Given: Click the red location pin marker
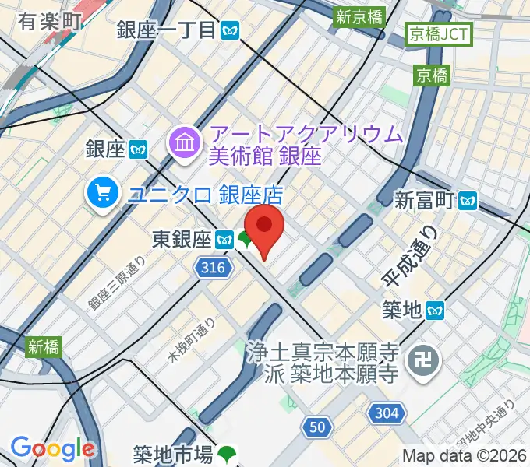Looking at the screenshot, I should (264, 227).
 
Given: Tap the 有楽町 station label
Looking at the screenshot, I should (48, 22).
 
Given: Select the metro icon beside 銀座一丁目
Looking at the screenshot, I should (230, 31).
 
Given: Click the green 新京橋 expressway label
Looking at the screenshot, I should (358, 16).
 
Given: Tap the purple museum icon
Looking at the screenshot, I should (185, 143).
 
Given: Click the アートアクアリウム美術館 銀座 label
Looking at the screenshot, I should (305, 144).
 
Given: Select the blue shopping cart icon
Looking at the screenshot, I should (103, 193).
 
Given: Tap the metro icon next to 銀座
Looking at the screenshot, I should (140, 148).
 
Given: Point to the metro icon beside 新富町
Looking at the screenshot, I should (468, 201).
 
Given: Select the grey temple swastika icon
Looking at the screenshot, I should (426, 360).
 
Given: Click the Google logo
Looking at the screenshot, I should (52, 448).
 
